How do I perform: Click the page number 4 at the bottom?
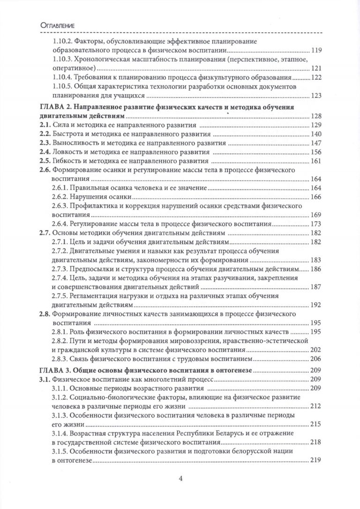click(x=180, y=479)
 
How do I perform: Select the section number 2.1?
click(x=43, y=124)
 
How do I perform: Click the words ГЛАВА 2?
click(x=53, y=107)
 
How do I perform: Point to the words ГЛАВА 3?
click(x=53, y=370)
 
